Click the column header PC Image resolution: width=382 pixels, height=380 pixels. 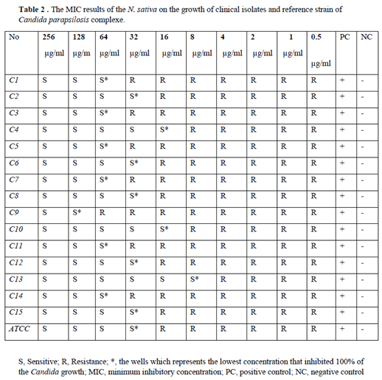coord(344,37)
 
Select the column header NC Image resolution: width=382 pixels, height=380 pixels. coord(365,37)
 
